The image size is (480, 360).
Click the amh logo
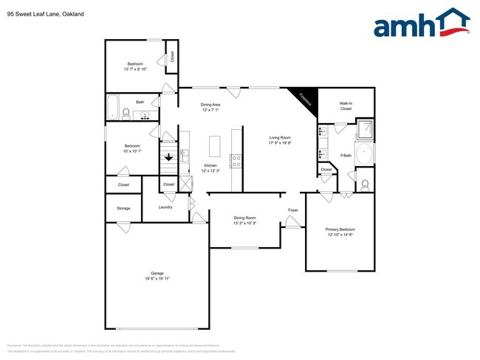(x=421, y=24)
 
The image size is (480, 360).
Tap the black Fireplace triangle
(x=304, y=98)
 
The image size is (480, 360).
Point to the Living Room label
(x=280, y=138)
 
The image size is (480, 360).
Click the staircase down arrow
(x=169, y=156)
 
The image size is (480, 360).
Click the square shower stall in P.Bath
(x=364, y=131)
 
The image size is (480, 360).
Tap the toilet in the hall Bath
(x=126, y=114)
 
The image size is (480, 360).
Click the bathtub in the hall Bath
(x=113, y=108)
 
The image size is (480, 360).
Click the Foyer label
(x=292, y=210)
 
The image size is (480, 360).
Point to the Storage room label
(x=123, y=208)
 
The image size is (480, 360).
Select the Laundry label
(x=165, y=207)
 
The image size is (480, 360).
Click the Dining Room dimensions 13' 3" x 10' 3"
(x=244, y=223)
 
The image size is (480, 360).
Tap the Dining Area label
(x=210, y=105)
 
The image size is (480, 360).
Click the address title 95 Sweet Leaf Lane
(x=38, y=13)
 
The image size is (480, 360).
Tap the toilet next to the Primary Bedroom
(x=364, y=184)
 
